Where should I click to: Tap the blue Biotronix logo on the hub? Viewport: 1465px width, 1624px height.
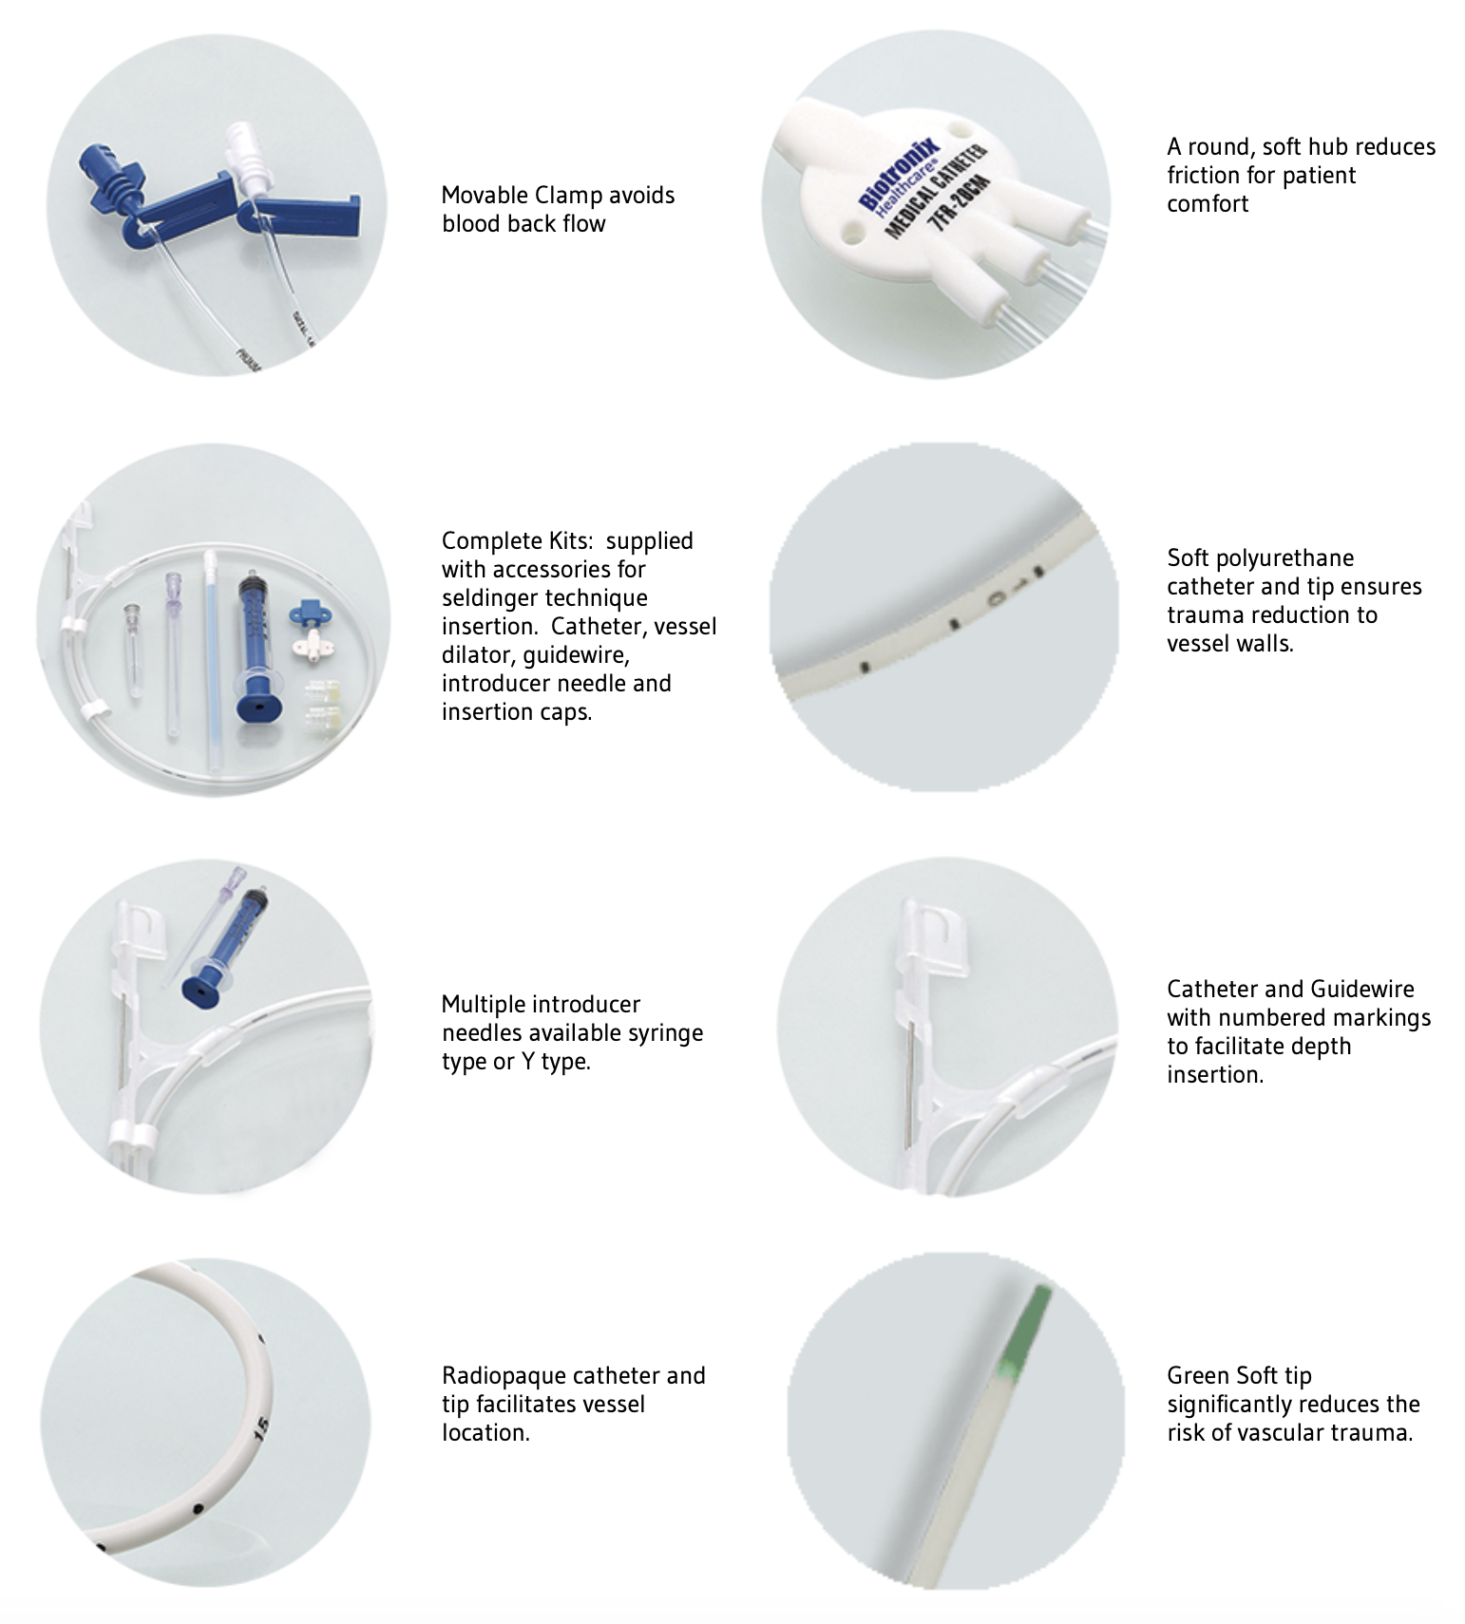point(899,175)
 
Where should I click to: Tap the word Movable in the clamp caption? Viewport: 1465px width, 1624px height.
point(484,196)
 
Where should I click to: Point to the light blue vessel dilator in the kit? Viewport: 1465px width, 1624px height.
point(211,665)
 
